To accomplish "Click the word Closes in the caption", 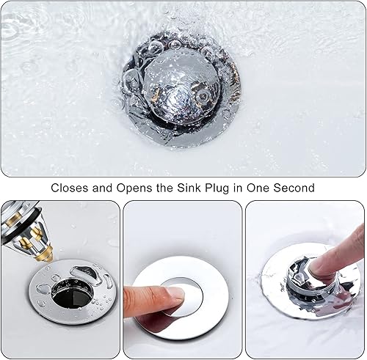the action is click(x=70, y=188).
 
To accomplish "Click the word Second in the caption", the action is click(x=294, y=188).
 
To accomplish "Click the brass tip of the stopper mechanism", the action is click(x=45, y=254).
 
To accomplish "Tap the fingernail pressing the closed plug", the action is click(x=177, y=293).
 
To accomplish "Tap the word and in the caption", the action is click(x=102, y=188).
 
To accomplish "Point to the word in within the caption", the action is click(x=237, y=188).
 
